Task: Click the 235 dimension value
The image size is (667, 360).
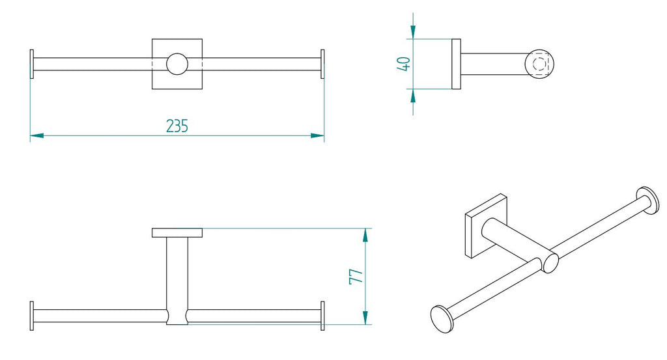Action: (177, 126)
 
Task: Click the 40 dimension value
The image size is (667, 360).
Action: (404, 64)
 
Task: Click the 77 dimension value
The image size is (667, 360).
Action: (356, 275)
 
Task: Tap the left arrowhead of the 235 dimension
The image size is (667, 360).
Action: (37, 135)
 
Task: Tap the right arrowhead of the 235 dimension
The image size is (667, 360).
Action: (317, 135)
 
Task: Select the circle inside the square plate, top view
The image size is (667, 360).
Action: (177, 64)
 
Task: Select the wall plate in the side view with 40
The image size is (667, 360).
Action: (456, 64)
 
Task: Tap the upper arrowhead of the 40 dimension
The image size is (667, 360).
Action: (413, 33)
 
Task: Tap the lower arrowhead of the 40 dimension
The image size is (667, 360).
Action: (413, 96)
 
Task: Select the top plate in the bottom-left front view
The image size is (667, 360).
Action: (177, 232)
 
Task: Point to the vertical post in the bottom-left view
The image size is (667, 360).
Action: (177, 273)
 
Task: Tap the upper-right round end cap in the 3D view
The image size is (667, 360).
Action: (648, 199)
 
